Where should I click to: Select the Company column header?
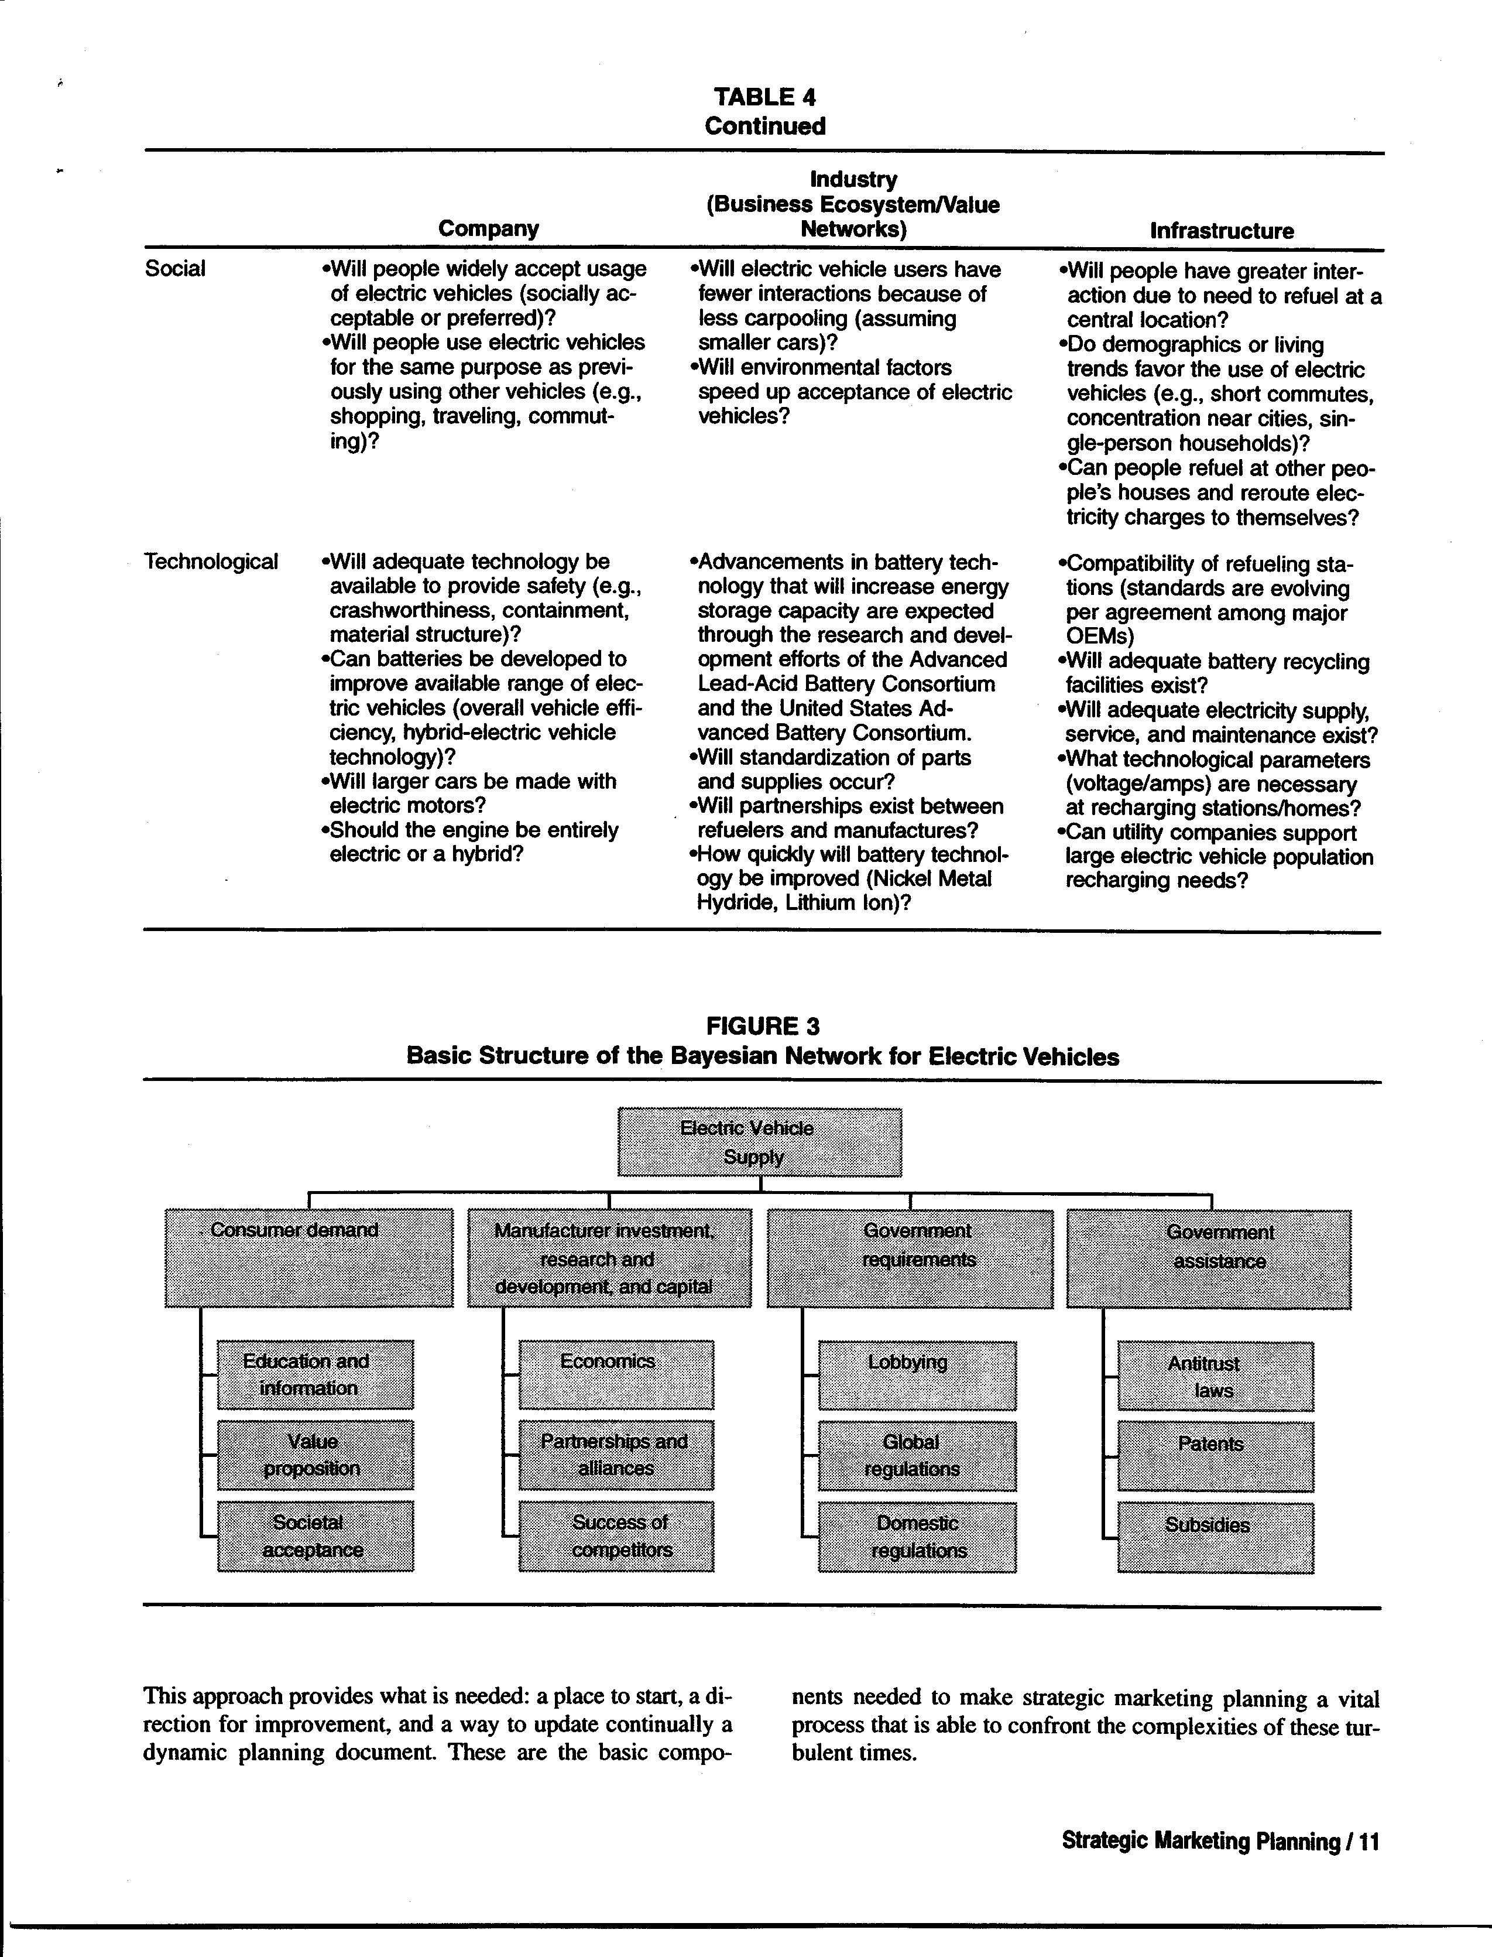[x=488, y=229]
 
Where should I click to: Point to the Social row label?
[x=175, y=268]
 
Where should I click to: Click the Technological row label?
[x=211, y=562]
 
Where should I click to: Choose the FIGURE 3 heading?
[x=763, y=1026]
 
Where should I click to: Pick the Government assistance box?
[x=1209, y=1260]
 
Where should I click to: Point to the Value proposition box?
[x=315, y=1454]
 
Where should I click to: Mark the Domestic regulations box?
[x=917, y=1537]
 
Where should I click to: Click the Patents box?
[x=1215, y=1456]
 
